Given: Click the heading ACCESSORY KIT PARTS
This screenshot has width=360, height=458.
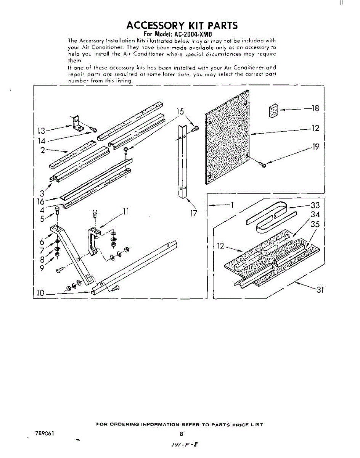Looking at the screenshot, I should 182,26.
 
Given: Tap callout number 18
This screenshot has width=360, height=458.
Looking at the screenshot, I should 315,108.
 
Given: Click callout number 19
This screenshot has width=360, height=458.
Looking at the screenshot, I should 315,147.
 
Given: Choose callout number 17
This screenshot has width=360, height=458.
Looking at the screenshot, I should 194,213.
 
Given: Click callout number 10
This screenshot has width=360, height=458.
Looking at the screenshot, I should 40,293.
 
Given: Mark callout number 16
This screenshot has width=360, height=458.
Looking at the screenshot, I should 40,202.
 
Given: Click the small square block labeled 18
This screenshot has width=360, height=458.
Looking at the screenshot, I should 273,110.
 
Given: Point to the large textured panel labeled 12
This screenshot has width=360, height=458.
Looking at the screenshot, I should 227,135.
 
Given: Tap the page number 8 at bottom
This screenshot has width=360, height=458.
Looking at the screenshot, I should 182,434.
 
